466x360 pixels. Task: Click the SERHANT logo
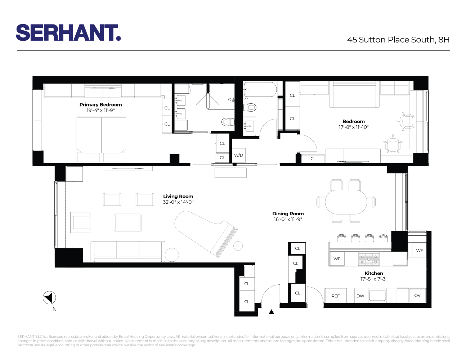[68, 33]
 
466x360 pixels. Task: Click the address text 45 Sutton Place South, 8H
[398, 40]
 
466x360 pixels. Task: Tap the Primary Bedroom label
[100, 104]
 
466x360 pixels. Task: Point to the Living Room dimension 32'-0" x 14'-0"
[178, 202]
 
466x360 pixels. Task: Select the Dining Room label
[288, 213]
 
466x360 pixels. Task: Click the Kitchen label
[374, 273]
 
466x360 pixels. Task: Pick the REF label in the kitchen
[335, 296]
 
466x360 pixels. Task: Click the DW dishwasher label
[360, 296]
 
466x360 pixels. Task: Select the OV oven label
[417, 296]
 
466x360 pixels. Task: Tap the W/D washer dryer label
[238, 156]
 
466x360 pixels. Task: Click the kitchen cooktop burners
[369, 259]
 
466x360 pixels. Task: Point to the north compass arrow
[49, 298]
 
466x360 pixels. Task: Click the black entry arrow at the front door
[272, 312]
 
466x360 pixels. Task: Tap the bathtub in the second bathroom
[260, 90]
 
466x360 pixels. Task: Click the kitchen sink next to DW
[377, 296]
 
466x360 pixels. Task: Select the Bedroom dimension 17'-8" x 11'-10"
[353, 127]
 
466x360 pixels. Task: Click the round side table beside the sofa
[172, 255]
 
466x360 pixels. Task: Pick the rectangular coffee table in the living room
[128, 222]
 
